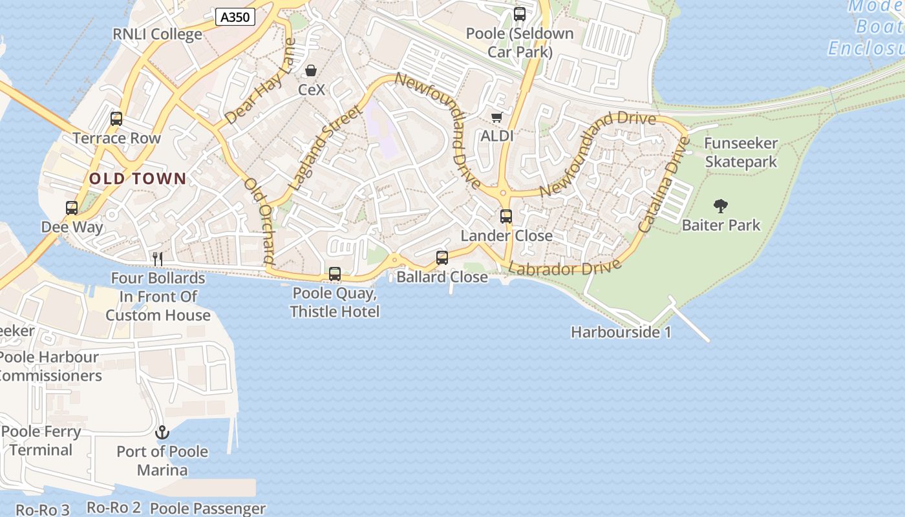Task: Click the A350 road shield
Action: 235,17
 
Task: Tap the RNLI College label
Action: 158,34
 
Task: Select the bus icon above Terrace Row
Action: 116,119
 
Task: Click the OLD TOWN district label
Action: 138,179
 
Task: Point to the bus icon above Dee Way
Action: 72,208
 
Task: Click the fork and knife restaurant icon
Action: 157,258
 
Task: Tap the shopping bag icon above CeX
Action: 311,70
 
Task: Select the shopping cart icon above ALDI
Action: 496,117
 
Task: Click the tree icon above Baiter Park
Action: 721,206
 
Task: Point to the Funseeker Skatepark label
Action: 741,153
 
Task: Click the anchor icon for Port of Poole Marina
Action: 162,432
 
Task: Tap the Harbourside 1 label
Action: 621,332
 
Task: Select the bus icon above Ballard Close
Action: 442,258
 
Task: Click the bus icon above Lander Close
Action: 506,216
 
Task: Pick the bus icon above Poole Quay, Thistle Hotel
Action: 335,274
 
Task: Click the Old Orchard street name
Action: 259,220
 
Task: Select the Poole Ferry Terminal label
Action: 41,441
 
